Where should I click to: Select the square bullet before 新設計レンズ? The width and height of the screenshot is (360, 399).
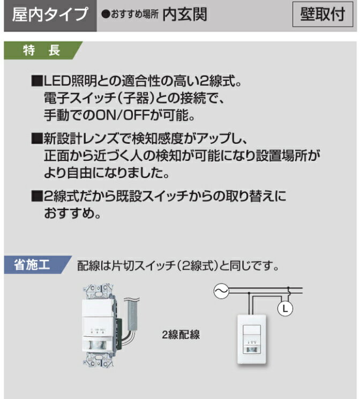coord(37,140)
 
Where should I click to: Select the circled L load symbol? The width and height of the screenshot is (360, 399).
coord(284,309)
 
